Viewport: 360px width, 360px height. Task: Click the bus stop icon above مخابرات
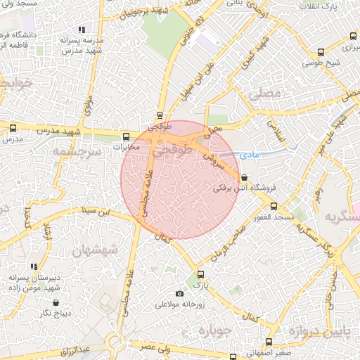click(127, 137)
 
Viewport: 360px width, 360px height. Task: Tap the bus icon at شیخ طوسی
click(321, 52)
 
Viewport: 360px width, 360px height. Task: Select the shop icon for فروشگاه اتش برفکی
click(244, 177)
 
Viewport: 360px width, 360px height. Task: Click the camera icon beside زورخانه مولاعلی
click(179, 293)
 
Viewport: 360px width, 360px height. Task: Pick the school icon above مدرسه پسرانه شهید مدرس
click(82, 30)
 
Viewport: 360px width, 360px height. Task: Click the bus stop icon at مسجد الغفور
click(273, 207)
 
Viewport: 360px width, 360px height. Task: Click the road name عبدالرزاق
click(75, 350)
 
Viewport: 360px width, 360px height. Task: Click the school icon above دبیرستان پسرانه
click(34, 267)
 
